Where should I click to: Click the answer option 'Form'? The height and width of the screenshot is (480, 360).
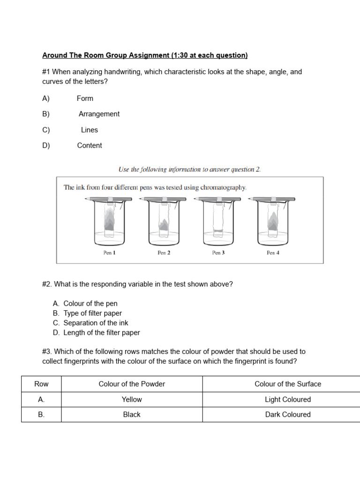(x=85, y=98)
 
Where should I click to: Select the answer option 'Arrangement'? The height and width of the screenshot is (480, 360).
(x=99, y=114)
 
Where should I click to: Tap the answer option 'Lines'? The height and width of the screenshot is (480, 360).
(x=89, y=130)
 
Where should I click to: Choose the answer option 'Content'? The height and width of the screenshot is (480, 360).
(x=90, y=145)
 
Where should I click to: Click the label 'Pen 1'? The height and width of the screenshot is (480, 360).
(x=109, y=253)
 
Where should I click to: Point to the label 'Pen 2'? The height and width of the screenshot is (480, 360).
(x=164, y=253)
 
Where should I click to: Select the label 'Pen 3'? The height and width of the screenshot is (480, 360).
(x=218, y=253)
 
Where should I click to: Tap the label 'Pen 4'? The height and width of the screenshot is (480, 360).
(x=273, y=253)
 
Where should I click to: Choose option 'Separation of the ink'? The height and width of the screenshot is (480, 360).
(x=96, y=323)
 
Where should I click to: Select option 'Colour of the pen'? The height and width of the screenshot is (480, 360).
(x=90, y=303)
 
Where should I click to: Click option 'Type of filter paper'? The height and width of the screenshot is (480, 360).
(x=92, y=313)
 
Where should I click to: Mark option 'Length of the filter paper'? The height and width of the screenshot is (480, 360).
(x=102, y=333)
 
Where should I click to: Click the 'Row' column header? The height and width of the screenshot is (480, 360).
(x=41, y=384)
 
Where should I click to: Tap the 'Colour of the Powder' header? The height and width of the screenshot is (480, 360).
(x=132, y=384)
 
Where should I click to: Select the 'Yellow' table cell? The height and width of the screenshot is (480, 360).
(x=132, y=399)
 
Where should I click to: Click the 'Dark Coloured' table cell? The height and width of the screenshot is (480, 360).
(x=288, y=414)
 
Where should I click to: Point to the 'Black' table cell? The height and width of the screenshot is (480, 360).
(x=132, y=414)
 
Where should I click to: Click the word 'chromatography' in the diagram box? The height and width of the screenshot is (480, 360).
(x=223, y=187)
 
